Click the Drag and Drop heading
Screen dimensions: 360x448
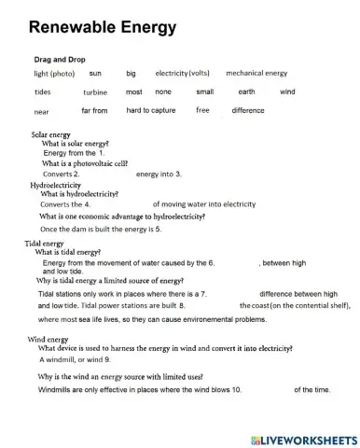click(61, 59)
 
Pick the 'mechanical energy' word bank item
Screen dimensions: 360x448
click(256, 72)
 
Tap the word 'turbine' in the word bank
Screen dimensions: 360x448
click(95, 92)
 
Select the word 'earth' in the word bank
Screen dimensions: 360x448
click(246, 91)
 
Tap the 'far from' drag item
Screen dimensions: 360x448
click(94, 111)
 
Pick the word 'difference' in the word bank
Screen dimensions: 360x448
click(248, 111)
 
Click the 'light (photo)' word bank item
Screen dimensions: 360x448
click(54, 73)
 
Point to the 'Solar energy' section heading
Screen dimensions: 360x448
click(51, 134)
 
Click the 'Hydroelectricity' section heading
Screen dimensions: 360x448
click(56, 185)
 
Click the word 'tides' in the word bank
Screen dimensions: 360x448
click(43, 92)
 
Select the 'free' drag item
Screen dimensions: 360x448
click(202, 110)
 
